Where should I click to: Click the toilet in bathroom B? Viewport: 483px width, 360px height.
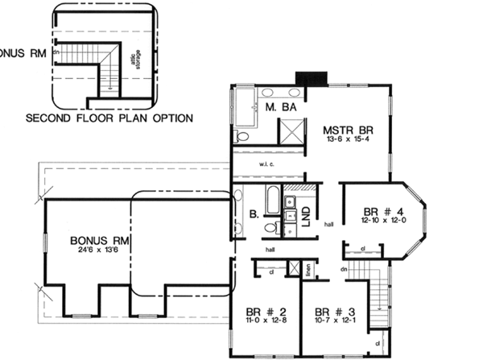click(x=271, y=228)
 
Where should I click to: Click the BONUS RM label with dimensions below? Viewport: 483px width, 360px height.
click(x=100, y=240)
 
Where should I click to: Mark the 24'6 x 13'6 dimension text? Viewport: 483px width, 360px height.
click(x=100, y=250)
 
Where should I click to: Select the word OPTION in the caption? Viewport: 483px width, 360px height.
click(x=171, y=118)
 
